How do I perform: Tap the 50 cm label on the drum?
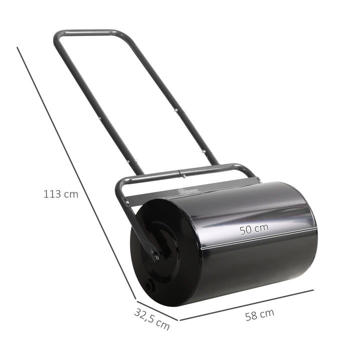(253, 229)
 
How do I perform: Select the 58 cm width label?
(259, 314)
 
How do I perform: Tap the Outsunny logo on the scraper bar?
(189, 190)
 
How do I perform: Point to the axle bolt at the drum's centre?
(156, 255)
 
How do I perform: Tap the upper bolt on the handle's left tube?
(105, 119)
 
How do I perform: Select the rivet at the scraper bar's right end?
(255, 180)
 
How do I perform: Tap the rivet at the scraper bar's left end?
(126, 202)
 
